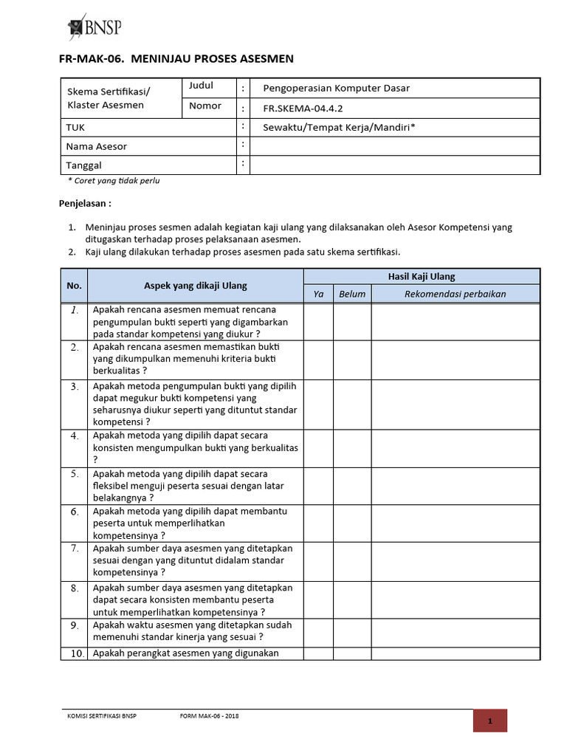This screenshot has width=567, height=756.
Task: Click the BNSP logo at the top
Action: [94, 28]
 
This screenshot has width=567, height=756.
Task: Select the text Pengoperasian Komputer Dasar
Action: [336, 88]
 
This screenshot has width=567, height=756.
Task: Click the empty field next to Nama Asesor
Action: [394, 146]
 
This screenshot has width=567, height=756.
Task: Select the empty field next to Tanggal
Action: [394, 165]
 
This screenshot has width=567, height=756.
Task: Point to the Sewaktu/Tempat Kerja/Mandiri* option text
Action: [339, 127]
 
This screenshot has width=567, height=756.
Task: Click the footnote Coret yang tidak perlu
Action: [114, 181]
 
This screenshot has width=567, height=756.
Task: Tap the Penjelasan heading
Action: [85, 203]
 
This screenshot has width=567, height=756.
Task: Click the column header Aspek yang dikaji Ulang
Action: [195, 286]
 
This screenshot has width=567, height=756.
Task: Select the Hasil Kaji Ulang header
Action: [422, 277]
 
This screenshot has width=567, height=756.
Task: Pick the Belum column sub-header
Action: [352, 294]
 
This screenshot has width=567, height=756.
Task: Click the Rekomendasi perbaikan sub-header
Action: [455, 294]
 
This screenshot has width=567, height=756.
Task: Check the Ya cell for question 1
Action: [319, 322]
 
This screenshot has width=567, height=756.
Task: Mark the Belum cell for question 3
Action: [352, 404]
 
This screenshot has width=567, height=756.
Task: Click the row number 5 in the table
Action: [74, 474]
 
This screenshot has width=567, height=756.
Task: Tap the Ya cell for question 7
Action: [319, 560]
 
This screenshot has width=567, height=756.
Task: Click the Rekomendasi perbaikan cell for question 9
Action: [455, 631]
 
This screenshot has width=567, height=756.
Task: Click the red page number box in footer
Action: [490, 721]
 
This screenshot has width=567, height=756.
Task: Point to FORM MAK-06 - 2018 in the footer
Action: [210, 716]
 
